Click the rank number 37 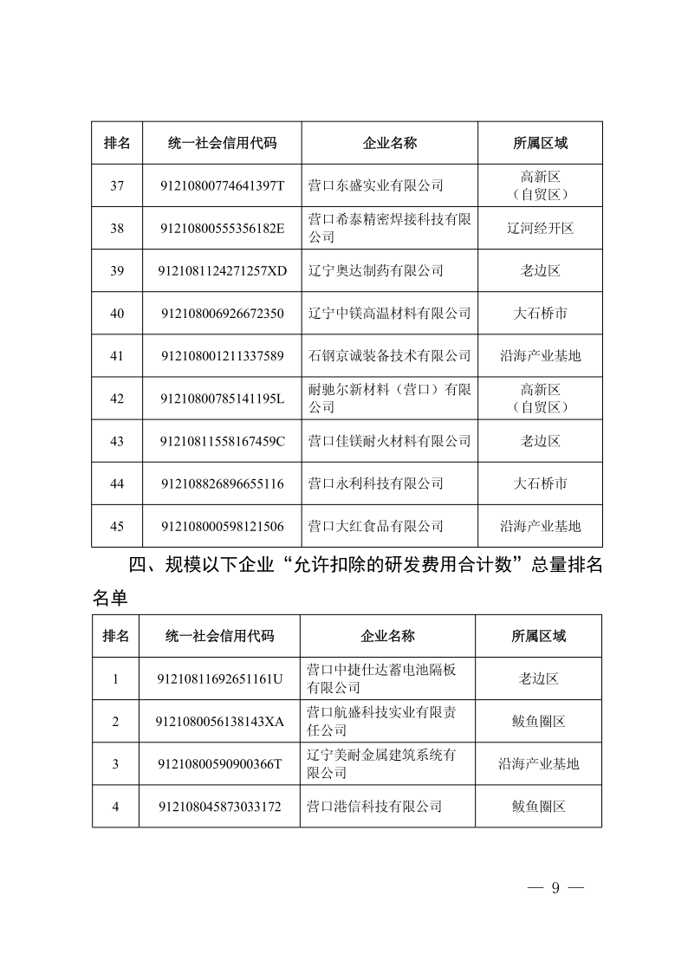click(117, 185)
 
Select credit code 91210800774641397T click(223, 185)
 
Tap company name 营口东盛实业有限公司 click(376, 185)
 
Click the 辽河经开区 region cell click(540, 228)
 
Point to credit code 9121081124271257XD click(223, 270)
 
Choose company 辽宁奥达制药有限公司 click(376, 270)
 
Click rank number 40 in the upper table click(117, 313)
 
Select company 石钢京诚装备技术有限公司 click(390, 355)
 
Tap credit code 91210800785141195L click(223, 399)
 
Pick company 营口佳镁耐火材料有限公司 click(390, 441)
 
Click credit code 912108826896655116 click(223, 483)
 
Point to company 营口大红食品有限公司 click(376, 526)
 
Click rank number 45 click(117, 526)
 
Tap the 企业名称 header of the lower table click(387, 636)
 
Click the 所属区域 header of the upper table click(540, 143)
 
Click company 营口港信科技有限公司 click(374, 807)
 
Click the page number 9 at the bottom click(555, 887)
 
